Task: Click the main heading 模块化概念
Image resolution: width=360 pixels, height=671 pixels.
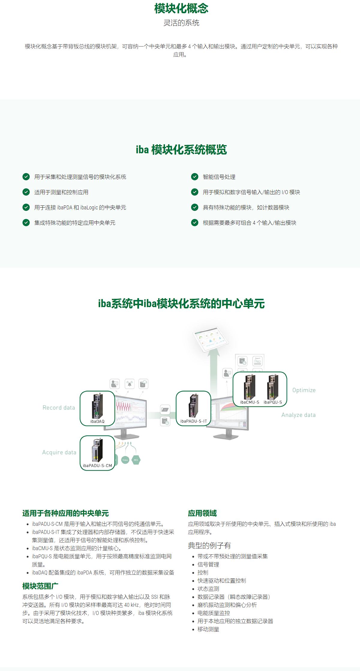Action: click(181, 8)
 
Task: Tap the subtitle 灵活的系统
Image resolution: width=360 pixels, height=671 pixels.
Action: click(181, 23)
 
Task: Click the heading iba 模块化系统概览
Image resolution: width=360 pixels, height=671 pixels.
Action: click(181, 150)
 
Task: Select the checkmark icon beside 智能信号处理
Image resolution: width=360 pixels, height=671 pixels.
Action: click(195, 177)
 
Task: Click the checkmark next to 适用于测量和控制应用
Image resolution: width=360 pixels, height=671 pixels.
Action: click(26, 192)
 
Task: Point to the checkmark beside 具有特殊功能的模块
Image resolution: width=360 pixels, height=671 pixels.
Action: click(195, 207)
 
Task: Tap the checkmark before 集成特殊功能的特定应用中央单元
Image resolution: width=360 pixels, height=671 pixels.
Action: click(26, 223)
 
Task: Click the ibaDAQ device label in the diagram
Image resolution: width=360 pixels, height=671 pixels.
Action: click(97, 421)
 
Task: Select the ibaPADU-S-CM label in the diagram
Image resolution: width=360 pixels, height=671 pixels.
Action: click(97, 466)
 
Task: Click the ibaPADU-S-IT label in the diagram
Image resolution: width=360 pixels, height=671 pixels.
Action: click(193, 421)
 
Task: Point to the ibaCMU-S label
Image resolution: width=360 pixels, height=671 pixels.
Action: click(250, 402)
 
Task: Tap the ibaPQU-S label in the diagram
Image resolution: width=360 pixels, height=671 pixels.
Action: click(273, 402)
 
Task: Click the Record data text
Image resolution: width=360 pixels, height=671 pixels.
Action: click(59, 408)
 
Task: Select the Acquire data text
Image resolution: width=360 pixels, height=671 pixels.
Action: click(59, 452)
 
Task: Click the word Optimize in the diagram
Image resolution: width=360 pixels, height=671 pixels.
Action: click(304, 390)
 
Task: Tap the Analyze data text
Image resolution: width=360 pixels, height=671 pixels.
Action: click(298, 415)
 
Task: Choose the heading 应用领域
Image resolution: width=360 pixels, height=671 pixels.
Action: click(202, 513)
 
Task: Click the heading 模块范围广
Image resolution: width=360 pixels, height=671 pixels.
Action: click(40, 586)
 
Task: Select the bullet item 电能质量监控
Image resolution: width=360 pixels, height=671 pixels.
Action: click(214, 613)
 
